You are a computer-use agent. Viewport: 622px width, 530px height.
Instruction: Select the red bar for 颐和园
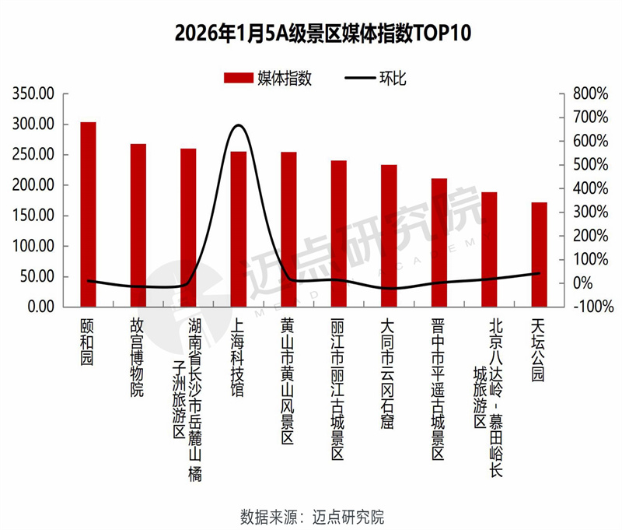[x=88, y=214]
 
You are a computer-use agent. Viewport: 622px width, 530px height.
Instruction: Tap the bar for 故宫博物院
[x=138, y=225]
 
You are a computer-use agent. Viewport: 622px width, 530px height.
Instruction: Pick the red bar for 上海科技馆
[x=238, y=229]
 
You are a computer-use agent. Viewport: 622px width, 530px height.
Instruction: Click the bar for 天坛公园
[x=539, y=254]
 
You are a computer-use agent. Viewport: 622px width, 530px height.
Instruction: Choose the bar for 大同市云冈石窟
[x=389, y=236]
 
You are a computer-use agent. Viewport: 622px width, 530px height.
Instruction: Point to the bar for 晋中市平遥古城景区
[x=439, y=243]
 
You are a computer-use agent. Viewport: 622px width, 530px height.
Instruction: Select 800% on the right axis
[x=589, y=94]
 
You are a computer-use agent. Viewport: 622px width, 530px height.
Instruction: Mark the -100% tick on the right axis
[x=588, y=307]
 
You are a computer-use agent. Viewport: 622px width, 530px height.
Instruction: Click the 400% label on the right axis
[x=589, y=188]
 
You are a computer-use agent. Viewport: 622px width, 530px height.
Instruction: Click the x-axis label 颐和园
[x=87, y=342]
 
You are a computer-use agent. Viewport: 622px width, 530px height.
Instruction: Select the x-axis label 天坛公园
[x=538, y=350]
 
